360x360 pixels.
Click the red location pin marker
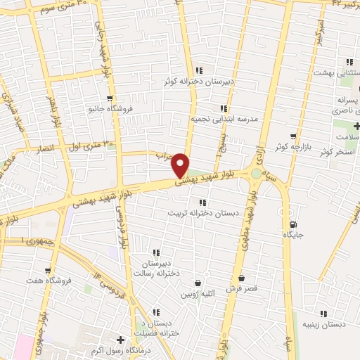[x=181, y=165]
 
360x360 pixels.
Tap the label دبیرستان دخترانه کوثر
[x=199, y=82]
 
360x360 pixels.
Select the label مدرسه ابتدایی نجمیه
[x=225, y=119]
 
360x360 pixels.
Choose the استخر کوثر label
[x=335, y=152]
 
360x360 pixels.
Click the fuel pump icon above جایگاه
[x=292, y=224]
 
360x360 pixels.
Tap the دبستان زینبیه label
[x=323, y=324]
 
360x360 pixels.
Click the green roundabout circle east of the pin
[x=255, y=174]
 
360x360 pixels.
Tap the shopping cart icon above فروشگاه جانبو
[x=109, y=99]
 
